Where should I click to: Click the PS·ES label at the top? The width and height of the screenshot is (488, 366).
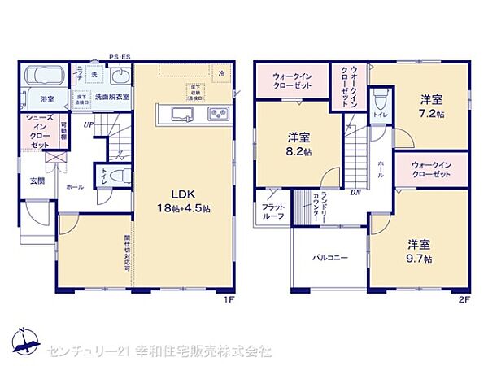(120, 57)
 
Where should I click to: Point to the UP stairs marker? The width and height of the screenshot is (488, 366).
(87, 124)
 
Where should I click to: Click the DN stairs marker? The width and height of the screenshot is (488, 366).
(355, 193)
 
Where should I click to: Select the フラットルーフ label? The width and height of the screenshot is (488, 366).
(272, 211)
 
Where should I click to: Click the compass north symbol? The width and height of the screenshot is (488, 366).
(24, 340)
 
